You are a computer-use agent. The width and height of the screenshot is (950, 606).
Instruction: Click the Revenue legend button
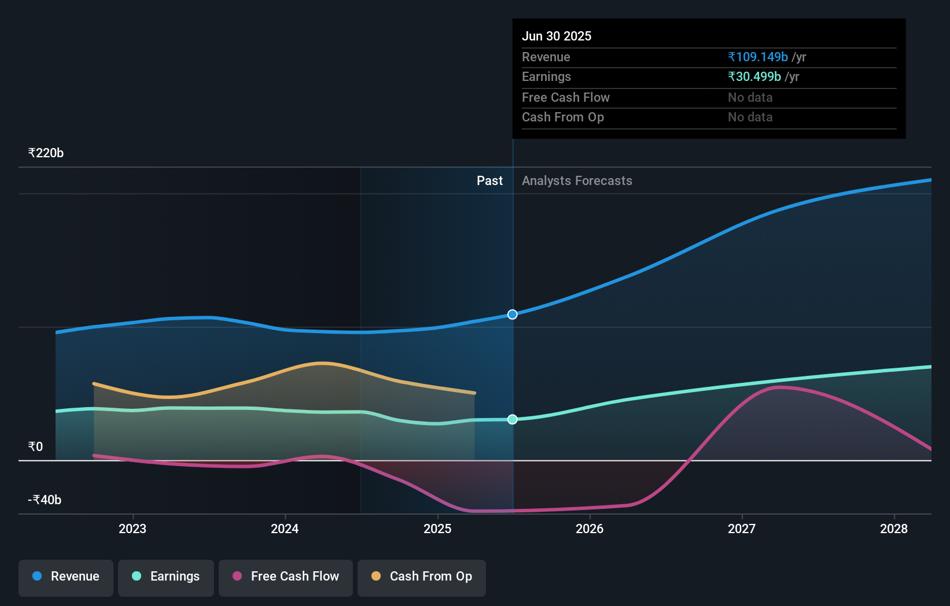tap(66, 577)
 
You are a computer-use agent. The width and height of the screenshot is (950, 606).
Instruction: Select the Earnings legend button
tap(166, 577)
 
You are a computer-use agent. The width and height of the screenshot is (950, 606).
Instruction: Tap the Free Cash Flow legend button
tap(286, 577)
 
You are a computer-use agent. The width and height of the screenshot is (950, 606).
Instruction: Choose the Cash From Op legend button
tap(422, 577)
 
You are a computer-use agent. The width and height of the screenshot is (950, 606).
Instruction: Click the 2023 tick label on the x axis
tap(132, 529)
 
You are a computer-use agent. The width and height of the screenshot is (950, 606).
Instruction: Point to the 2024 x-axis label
tap(285, 529)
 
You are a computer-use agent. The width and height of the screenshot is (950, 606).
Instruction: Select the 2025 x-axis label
tap(437, 529)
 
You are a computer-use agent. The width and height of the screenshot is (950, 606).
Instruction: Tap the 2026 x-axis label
tap(590, 529)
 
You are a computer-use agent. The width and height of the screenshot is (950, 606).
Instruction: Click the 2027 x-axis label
tap(742, 529)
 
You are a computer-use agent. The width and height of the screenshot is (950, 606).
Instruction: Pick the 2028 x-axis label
tap(894, 529)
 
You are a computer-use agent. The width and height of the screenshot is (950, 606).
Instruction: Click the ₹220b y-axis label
tap(46, 153)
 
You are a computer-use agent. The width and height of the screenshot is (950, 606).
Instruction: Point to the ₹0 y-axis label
tap(35, 446)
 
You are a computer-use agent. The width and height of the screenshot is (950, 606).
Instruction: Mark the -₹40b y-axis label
tap(45, 500)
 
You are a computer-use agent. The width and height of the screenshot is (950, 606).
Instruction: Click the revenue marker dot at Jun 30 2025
tap(513, 315)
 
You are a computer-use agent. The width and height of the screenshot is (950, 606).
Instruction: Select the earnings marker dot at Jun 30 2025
tap(513, 419)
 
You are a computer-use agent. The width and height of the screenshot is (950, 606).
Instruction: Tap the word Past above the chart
tap(489, 181)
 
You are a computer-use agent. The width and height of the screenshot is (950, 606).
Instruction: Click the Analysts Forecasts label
tap(577, 181)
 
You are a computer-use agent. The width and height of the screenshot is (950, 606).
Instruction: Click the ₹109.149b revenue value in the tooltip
tap(758, 57)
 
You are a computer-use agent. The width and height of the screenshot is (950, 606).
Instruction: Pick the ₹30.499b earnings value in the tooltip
tap(754, 77)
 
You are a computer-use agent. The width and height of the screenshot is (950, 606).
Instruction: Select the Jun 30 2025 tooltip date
tap(557, 36)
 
